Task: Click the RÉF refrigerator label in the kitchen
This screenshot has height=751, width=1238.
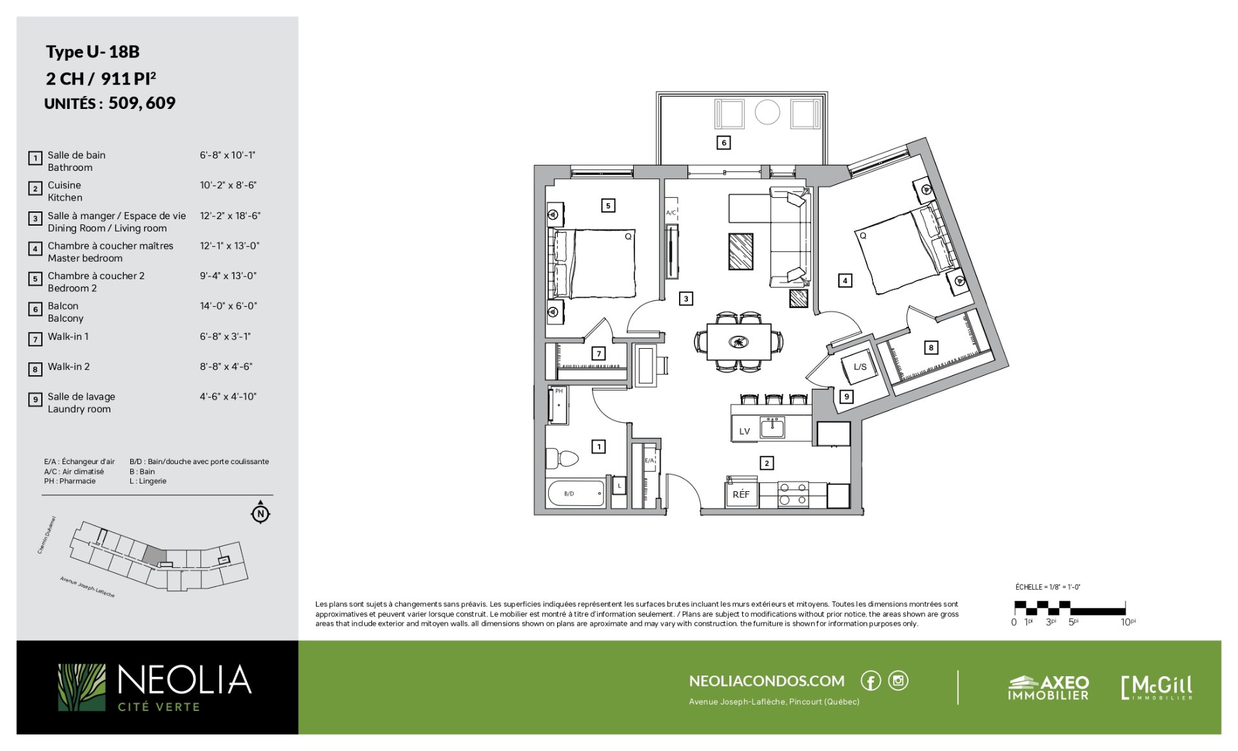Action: tap(741, 494)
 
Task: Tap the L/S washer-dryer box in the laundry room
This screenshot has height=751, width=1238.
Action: tap(860, 367)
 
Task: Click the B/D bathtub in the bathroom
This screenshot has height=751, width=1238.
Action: tap(576, 494)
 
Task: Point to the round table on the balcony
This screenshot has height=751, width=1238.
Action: tap(767, 112)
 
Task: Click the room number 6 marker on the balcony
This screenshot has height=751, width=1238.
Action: tap(723, 142)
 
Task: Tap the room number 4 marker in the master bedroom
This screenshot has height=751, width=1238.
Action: tap(845, 280)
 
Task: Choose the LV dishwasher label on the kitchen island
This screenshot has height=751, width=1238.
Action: tap(745, 431)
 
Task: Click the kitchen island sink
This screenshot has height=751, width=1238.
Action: tap(772, 427)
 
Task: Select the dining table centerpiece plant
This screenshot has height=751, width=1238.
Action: tap(738, 342)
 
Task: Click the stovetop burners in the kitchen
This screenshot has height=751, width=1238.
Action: tap(792, 494)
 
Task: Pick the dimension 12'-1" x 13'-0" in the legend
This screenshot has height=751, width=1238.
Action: tap(230, 246)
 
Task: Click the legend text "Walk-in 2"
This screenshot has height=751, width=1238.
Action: tap(68, 366)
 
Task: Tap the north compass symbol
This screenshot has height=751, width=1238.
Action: tap(260, 512)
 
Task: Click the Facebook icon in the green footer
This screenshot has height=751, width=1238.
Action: tap(870, 681)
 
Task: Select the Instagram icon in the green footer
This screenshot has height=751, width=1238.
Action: tap(898, 681)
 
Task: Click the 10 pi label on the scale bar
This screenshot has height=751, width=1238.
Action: tap(1128, 622)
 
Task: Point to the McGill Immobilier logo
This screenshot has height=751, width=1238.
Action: tap(1157, 687)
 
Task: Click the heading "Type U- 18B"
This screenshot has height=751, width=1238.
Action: tap(93, 52)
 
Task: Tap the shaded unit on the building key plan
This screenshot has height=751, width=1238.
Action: tap(155, 556)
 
